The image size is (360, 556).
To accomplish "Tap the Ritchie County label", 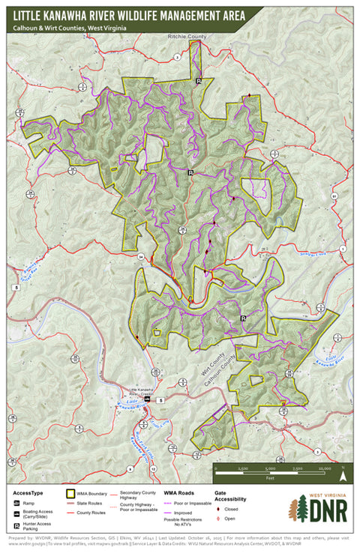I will pyautogui.click(x=187, y=36).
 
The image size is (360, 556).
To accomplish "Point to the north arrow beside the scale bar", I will pyautogui.click(x=343, y=473).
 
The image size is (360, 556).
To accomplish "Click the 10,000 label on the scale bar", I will pyautogui.click(x=325, y=468).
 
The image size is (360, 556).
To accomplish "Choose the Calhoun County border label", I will pyautogui.click(x=211, y=369).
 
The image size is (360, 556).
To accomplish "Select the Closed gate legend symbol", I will pyautogui.click(x=217, y=508).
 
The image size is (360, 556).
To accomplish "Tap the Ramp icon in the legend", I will pyautogui.click(x=16, y=504).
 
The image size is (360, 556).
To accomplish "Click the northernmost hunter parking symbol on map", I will pyautogui.click(x=199, y=80).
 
